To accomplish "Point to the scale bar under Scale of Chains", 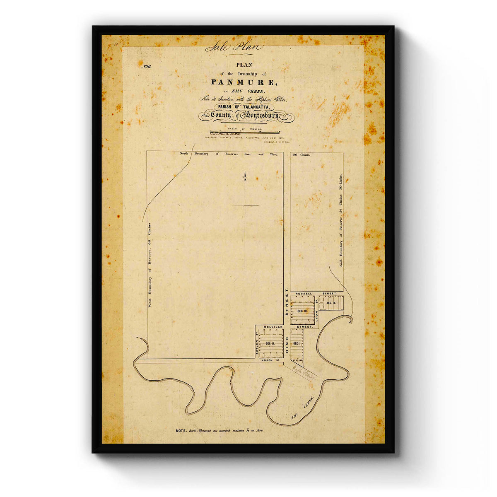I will pos(247,132).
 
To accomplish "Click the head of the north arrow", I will pos(245,176).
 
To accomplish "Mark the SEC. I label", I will pos(297,343).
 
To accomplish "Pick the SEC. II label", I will pos(271,344).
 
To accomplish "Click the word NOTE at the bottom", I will pos(181,431).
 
